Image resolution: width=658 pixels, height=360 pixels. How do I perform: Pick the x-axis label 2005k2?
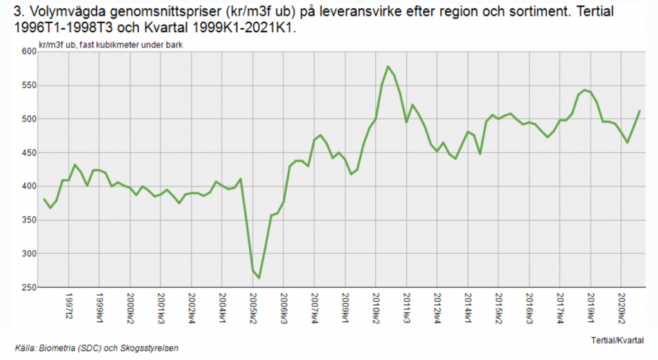click(253, 307)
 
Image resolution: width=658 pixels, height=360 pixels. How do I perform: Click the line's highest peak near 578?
click(388, 66)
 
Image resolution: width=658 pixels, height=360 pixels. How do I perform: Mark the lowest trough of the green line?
click(259, 278)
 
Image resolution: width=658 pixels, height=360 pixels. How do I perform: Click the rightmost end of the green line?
click(640, 111)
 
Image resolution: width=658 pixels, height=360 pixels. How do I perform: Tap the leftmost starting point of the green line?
click(44, 199)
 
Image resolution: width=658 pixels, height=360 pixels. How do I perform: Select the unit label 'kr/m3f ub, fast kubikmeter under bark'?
click(106, 45)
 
